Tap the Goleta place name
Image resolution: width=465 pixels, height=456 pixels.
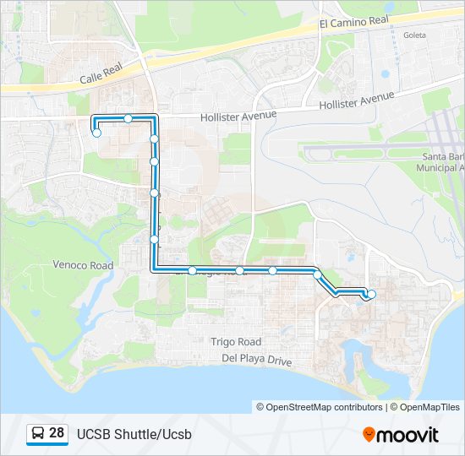tap(415, 35)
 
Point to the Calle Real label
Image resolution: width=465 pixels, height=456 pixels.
tap(101, 77)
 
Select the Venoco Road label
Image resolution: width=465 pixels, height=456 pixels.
tap(83, 265)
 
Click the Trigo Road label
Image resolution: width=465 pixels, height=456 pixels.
tap(236, 342)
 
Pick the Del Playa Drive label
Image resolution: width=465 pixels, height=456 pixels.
tap(256, 360)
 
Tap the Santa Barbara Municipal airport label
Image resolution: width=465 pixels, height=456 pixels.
tap(442, 163)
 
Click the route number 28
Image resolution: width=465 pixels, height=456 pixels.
tap(57, 433)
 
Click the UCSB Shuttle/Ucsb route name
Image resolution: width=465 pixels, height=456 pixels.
tap(134, 435)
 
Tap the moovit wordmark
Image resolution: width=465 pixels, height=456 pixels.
tap(408, 435)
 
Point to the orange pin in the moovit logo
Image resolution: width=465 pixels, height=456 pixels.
tap(369, 435)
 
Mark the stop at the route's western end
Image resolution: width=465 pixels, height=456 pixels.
tap(97, 133)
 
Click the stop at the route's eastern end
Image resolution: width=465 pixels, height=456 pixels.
tap(371, 294)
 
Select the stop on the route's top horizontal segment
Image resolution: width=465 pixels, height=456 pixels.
tap(128, 118)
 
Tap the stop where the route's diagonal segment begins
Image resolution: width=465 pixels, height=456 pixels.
tap(317, 274)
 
